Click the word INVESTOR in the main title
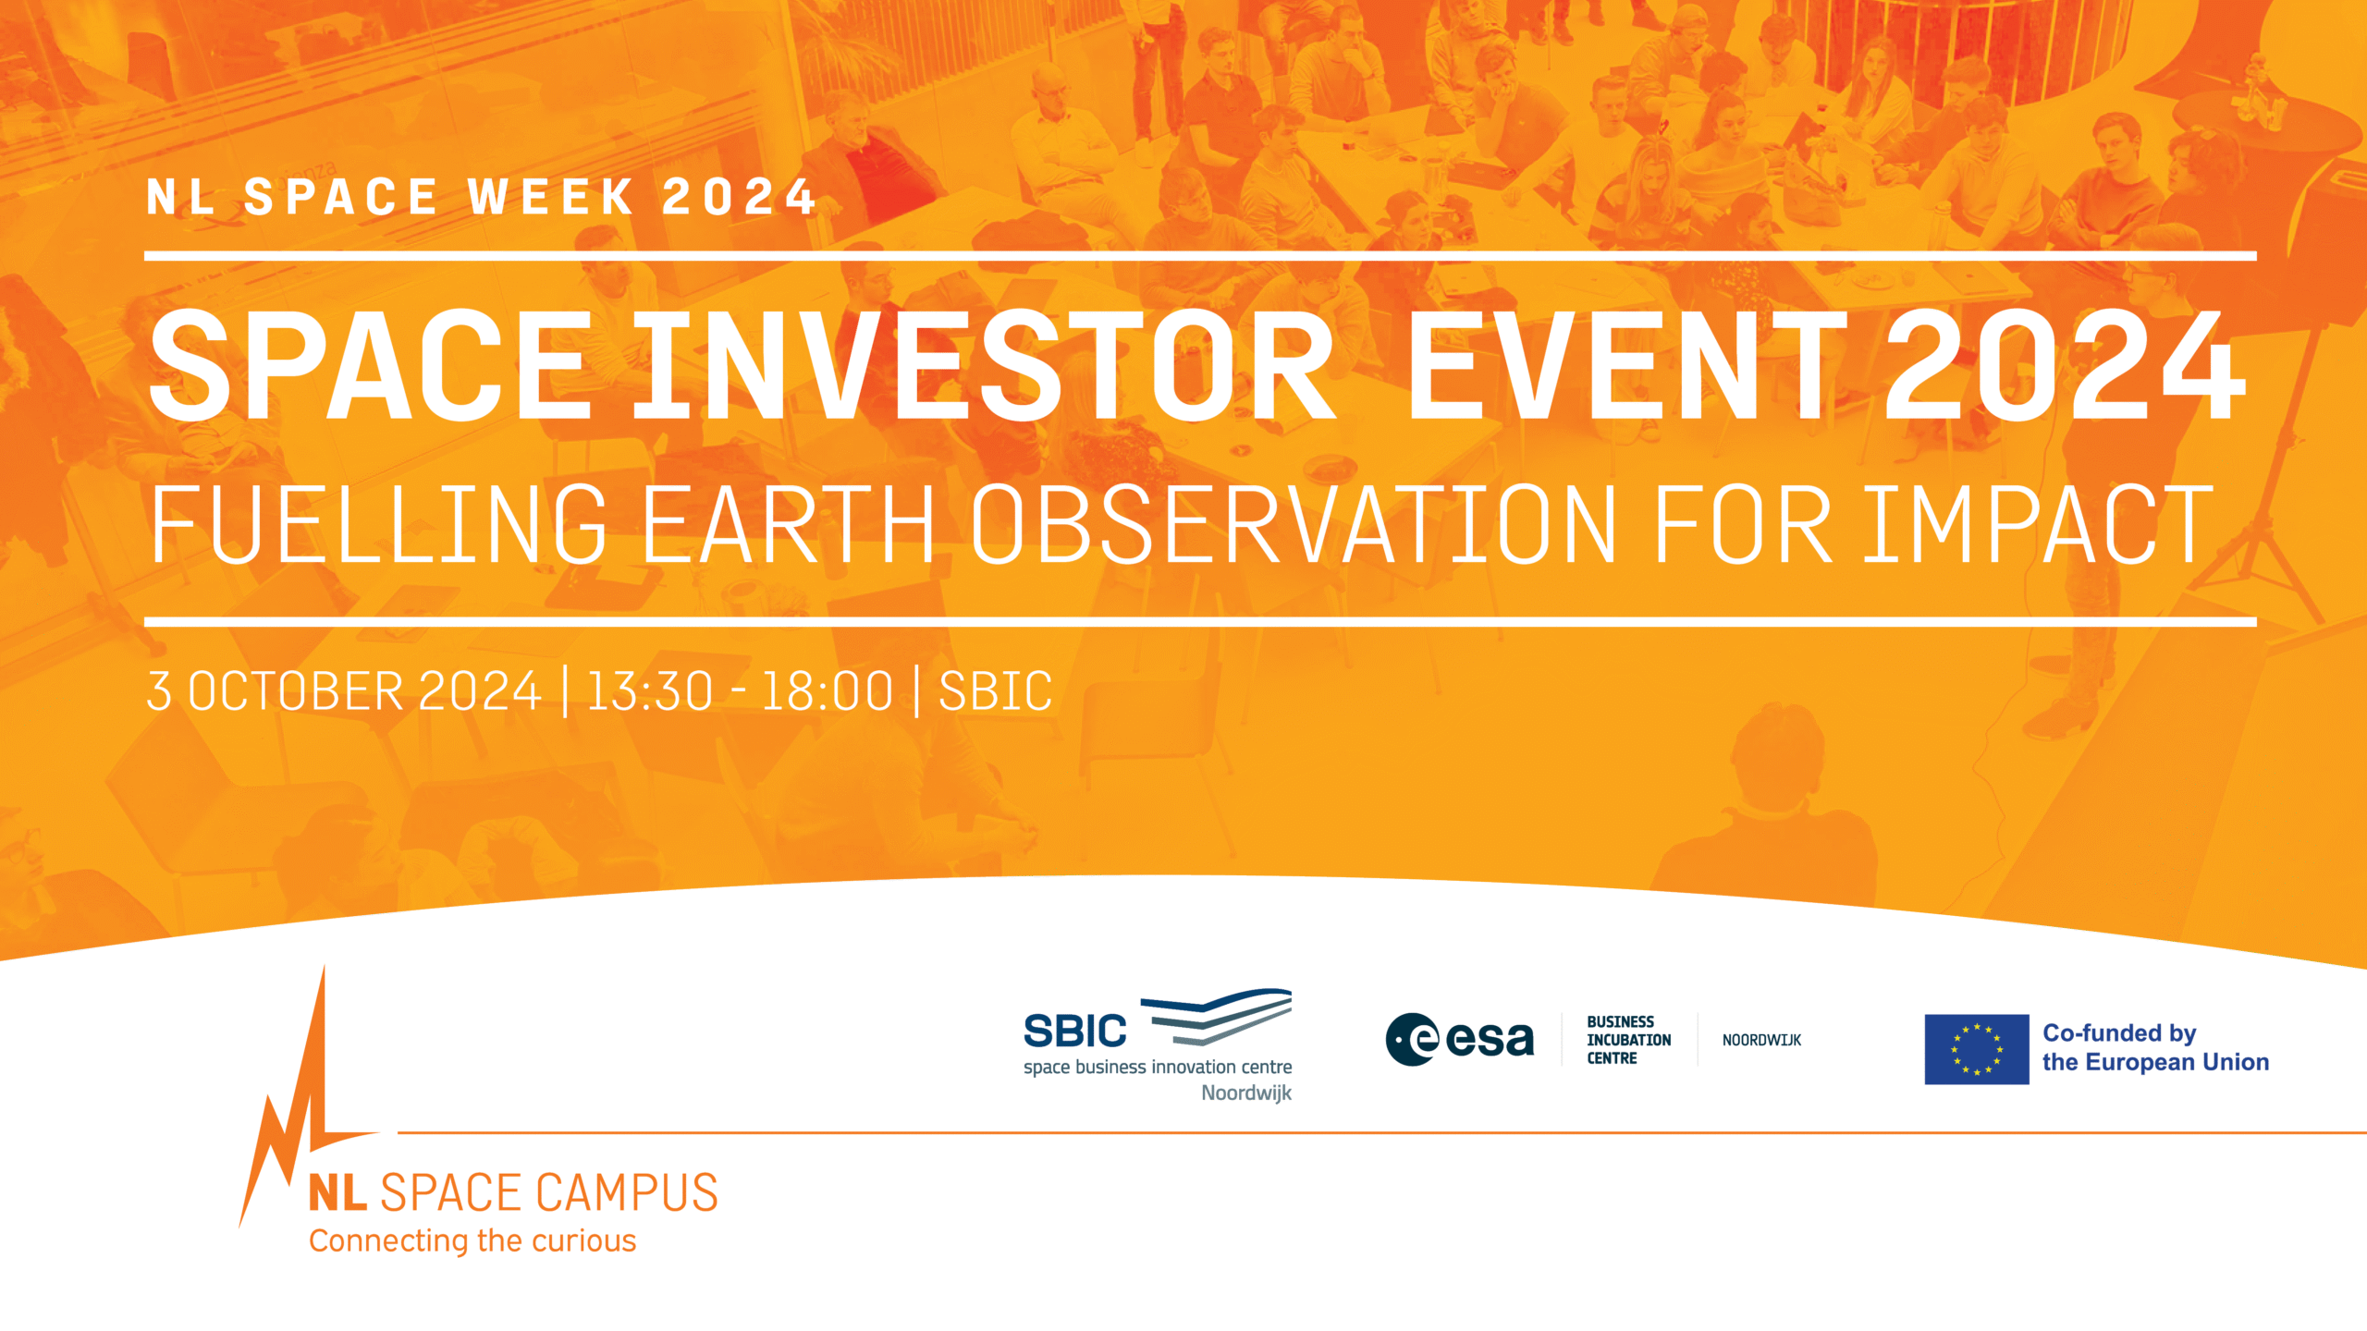pos(986,365)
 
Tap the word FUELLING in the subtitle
pos(378,524)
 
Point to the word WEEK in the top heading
pos(552,197)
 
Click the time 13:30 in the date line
pos(650,691)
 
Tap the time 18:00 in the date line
pos(828,691)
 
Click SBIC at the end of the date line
pos(996,691)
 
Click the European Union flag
pos(1977,1049)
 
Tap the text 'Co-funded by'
pos(2119,1033)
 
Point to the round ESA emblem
pos(1413,1040)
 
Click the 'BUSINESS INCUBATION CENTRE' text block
pos(1629,1040)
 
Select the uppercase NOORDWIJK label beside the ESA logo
pos(1761,1040)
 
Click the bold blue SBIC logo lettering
pos(1075,1032)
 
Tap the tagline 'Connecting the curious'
pos(472,1241)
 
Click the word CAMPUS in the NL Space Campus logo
pos(627,1192)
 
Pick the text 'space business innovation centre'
pos(1158,1067)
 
